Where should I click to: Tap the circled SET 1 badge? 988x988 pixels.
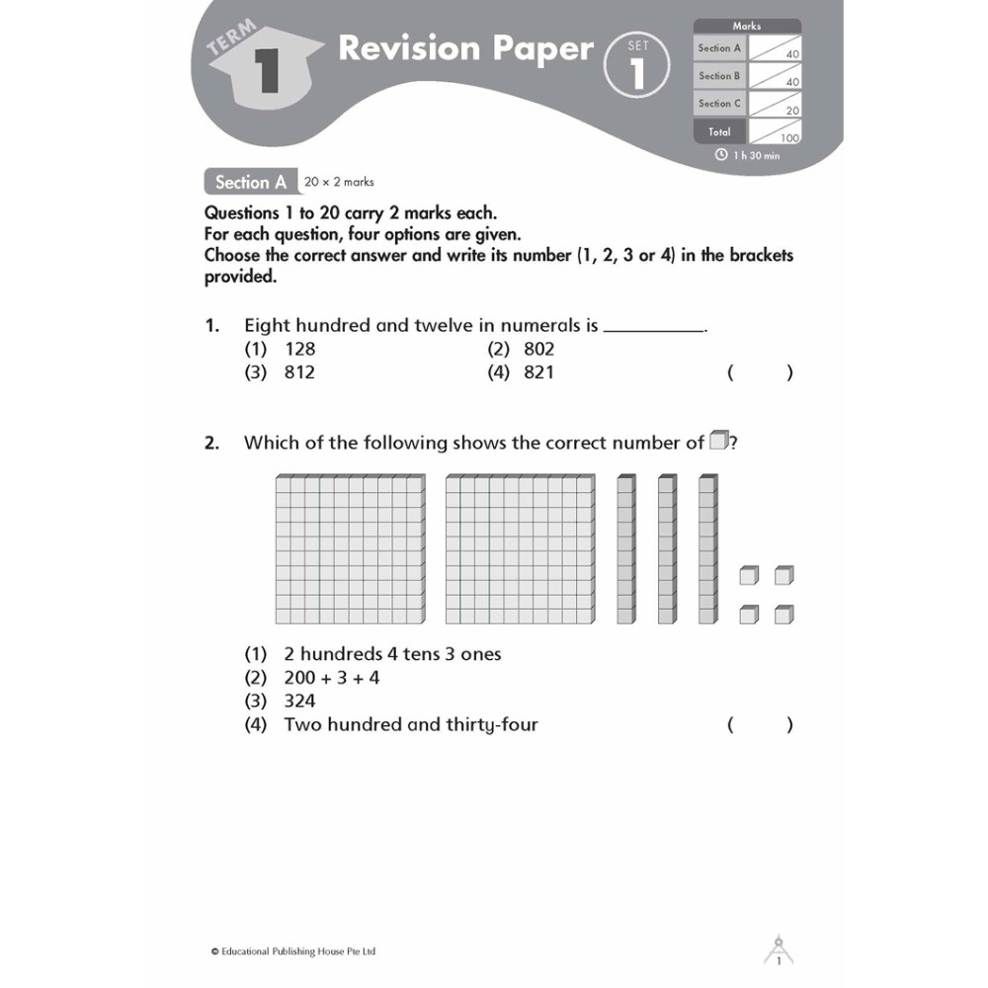[x=637, y=66]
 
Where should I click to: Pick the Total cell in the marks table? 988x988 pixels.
[x=719, y=131]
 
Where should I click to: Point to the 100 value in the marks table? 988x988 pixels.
[x=789, y=138]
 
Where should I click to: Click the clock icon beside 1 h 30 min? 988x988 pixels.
[x=721, y=155]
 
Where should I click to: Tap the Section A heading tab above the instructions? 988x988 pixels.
[x=250, y=182]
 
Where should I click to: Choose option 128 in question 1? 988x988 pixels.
[x=299, y=349]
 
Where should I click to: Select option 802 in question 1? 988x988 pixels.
[x=538, y=349]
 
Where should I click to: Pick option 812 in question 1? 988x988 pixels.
[x=299, y=372]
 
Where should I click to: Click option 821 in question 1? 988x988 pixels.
[x=538, y=372]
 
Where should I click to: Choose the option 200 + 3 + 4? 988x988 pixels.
[x=331, y=678]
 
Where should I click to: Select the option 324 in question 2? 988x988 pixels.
[x=299, y=701]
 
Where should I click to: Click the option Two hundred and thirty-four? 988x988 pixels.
[x=410, y=725]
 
